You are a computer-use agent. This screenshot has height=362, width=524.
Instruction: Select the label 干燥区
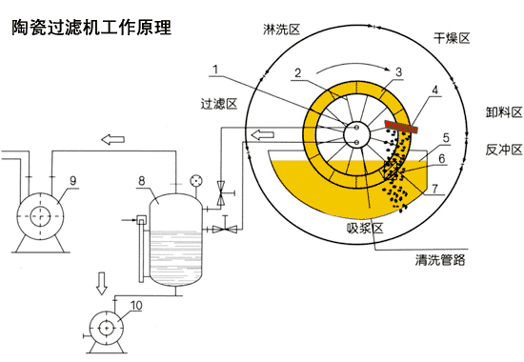pyautogui.click(x=451, y=38)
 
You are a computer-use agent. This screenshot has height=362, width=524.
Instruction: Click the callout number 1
pyautogui.click(x=218, y=69)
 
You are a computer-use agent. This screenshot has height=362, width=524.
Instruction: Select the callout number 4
pyautogui.click(x=435, y=91)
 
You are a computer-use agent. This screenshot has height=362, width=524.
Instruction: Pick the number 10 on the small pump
pyautogui.click(x=135, y=306)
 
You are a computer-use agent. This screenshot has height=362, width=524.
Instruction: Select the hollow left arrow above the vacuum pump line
pyautogui.click(x=112, y=140)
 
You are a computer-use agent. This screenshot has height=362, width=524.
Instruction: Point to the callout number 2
pyautogui.click(x=298, y=73)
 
